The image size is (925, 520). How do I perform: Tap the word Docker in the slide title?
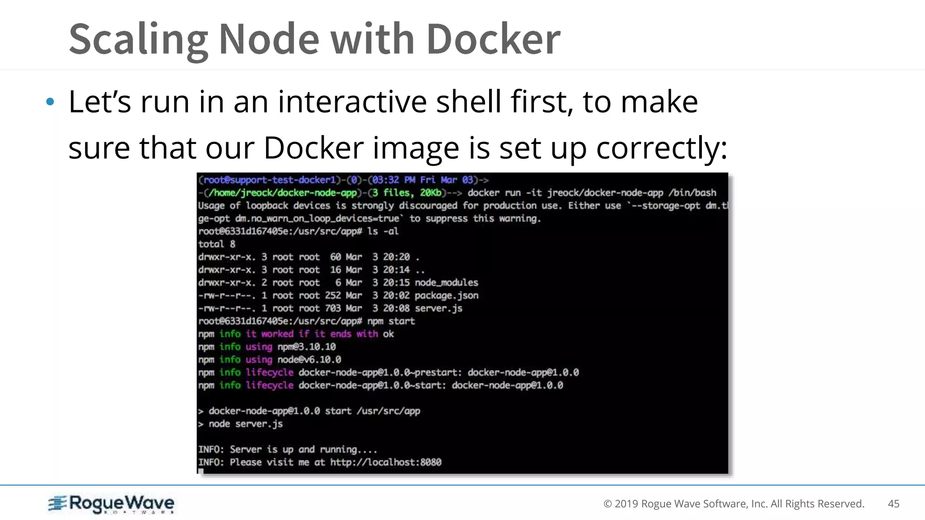tap(493, 40)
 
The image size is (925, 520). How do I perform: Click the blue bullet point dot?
tap(50, 102)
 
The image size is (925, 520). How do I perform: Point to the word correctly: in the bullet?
tap(662, 148)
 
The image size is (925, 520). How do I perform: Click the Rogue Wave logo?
tap(111, 504)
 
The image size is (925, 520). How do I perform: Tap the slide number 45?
tap(893, 504)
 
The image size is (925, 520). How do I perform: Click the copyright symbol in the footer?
tap(607, 504)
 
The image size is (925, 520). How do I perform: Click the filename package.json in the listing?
tap(446, 296)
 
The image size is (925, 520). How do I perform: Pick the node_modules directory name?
tap(446, 283)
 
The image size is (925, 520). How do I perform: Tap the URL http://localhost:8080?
tap(386, 462)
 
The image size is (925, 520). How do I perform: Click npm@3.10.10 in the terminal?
tap(307, 347)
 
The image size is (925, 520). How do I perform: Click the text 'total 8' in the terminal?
tap(217, 244)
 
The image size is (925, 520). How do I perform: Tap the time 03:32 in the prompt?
tap(385, 180)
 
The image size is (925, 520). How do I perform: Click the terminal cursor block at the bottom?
tap(201, 471)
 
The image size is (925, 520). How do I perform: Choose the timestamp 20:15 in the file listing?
tap(396, 283)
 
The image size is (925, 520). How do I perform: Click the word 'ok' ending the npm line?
tap(388, 334)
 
